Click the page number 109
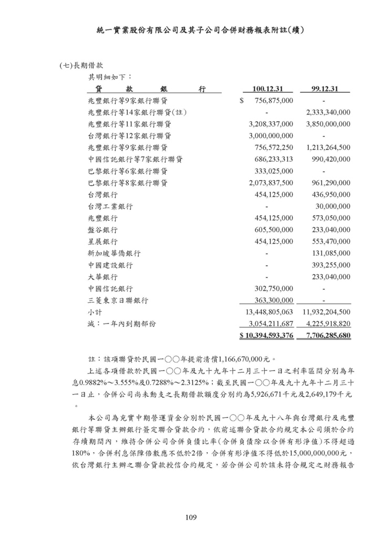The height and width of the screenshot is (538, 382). tap(191, 518)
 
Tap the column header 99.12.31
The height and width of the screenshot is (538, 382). tap(324, 88)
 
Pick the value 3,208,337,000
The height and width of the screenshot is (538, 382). tap(271, 124)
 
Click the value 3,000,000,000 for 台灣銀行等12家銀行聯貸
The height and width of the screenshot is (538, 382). tap(271, 136)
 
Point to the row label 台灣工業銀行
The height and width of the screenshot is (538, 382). tap(110, 206)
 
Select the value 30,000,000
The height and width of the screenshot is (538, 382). tap(333, 206)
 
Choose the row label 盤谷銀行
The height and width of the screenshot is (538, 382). tap(103, 230)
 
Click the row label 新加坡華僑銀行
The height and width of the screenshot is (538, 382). tap(114, 253)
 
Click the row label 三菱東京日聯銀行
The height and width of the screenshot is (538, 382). tap(118, 300)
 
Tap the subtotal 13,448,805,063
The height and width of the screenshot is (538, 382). tap(269, 312)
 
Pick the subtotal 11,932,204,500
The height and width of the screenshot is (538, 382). tap(326, 312)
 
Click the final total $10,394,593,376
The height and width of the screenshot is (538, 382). tap(266, 335)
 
